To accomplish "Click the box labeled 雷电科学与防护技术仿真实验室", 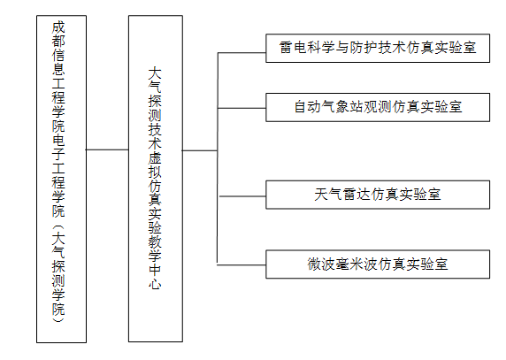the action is coord(378,48).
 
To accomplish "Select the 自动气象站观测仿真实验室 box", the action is coord(378,107).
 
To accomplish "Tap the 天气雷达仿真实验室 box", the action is coord(378,195).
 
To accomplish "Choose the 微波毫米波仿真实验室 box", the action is coord(378,264).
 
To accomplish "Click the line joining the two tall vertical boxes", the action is coord(107,149).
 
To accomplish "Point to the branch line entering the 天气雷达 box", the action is coord(242,196).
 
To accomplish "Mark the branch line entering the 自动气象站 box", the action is coord(241,108).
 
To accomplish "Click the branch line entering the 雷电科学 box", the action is coord(241,52).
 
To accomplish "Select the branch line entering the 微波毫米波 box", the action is coord(241,265).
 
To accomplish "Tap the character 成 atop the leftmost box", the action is coord(58,27).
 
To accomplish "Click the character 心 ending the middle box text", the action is coord(155,283).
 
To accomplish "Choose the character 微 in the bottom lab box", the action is coord(314,264).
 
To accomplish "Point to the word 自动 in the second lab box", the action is coord(308,107).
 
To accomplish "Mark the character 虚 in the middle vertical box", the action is coord(155,157).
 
